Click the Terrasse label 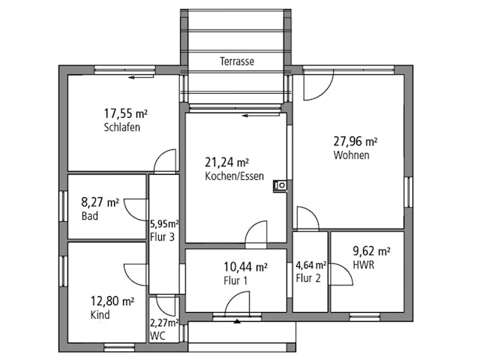tap(236, 61)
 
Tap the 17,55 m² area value tap(125, 114)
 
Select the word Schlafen tap(122, 127)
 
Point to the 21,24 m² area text tap(226, 162)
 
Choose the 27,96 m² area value tap(355, 141)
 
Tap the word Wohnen tap(351, 155)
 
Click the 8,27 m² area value tap(100, 202)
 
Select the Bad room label tap(88, 216)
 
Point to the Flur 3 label tap(162, 237)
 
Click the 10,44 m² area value tap(245, 266)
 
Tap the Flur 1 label tap(235, 280)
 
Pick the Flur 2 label tap(308, 279)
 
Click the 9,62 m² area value tap(371, 251)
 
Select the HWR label tap(364, 265)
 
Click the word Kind tap(100, 315)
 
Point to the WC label tap(157, 336)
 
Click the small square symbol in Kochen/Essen tap(280, 185)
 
